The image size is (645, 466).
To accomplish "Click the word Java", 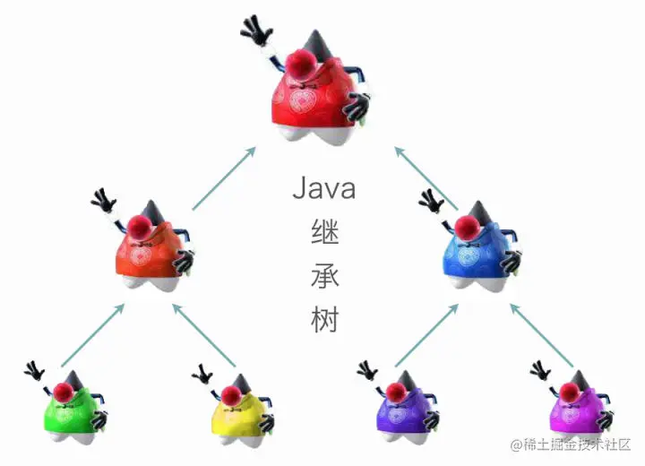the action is [x=323, y=189].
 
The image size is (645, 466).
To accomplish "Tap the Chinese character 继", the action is [x=323, y=233].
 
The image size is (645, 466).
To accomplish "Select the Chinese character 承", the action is [x=323, y=276].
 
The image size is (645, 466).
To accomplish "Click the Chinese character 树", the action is [x=323, y=319].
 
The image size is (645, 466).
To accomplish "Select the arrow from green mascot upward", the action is [x=91, y=335].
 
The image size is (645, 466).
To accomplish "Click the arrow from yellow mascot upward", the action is [x=205, y=335].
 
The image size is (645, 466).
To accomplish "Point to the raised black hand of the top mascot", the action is [x=257, y=31].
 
